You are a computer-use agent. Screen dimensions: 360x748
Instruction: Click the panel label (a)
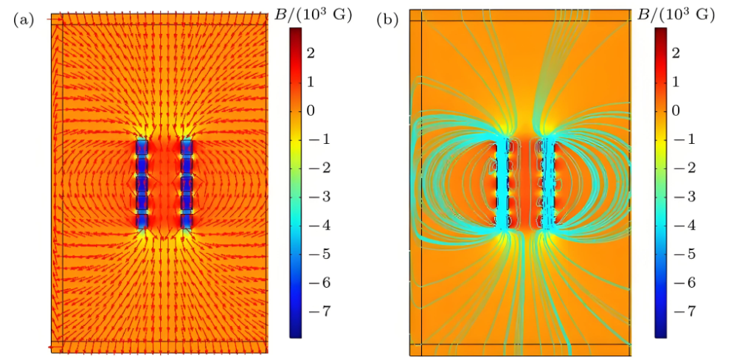coord(24,20)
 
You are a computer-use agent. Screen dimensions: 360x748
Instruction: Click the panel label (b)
coord(387,20)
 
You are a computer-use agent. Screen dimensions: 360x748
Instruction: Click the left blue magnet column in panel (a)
coord(142,183)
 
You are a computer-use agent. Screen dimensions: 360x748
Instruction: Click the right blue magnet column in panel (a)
coord(186,183)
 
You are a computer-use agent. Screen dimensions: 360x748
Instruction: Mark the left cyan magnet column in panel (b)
coord(503,183)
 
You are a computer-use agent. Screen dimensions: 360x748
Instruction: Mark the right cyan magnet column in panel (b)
coord(547,183)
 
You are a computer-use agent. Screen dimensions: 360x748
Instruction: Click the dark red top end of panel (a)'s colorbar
coord(296,32)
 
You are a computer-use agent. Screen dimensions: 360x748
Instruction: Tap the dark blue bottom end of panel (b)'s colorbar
coord(660,333)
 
